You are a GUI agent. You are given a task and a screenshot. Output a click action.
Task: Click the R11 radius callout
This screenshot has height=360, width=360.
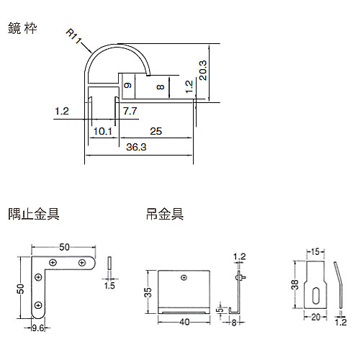click(x=73, y=36)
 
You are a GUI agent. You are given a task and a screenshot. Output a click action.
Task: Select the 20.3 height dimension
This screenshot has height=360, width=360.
click(x=203, y=70)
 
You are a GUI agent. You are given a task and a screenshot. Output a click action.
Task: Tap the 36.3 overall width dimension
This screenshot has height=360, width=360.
click(x=136, y=147)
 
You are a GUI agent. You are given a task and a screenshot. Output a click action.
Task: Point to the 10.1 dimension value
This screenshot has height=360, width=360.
click(x=103, y=131)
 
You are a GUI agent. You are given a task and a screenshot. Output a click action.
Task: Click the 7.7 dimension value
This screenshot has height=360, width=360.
click(x=130, y=111)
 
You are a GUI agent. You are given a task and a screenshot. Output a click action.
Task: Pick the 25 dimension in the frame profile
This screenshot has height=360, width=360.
click(x=156, y=131)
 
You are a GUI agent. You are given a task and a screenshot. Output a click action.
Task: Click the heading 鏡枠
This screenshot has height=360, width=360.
click(x=22, y=28)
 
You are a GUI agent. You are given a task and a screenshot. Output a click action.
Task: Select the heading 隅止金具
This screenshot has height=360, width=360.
click(x=34, y=214)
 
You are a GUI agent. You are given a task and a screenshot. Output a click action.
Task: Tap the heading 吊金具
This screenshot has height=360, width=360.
click(x=165, y=214)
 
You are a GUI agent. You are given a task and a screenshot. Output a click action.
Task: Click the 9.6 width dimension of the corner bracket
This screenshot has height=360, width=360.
click(x=38, y=328)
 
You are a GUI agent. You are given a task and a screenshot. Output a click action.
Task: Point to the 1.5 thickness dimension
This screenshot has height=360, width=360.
click(x=109, y=286)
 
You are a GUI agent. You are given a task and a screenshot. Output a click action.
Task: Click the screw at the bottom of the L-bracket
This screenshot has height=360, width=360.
click(x=38, y=305)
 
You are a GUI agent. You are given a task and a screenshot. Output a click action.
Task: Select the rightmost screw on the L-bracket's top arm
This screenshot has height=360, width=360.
click(x=82, y=263)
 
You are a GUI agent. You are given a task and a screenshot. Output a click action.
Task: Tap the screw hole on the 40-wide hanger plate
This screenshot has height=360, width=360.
click(x=184, y=278)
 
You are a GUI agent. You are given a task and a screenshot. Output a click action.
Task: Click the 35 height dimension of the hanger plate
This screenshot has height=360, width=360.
click(x=148, y=292)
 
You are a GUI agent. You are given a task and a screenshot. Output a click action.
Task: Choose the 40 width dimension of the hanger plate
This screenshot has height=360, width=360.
click(x=184, y=322)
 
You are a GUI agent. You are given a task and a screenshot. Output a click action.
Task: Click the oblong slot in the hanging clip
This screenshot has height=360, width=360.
click(x=315, y=296)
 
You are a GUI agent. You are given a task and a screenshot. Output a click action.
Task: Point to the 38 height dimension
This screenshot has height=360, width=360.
click(x=294, y=285)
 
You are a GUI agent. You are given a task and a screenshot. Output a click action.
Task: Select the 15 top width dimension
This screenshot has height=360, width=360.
click(x=315, y=252)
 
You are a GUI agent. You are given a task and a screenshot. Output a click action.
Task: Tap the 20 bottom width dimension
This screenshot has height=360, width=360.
click(x=315, y=318)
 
